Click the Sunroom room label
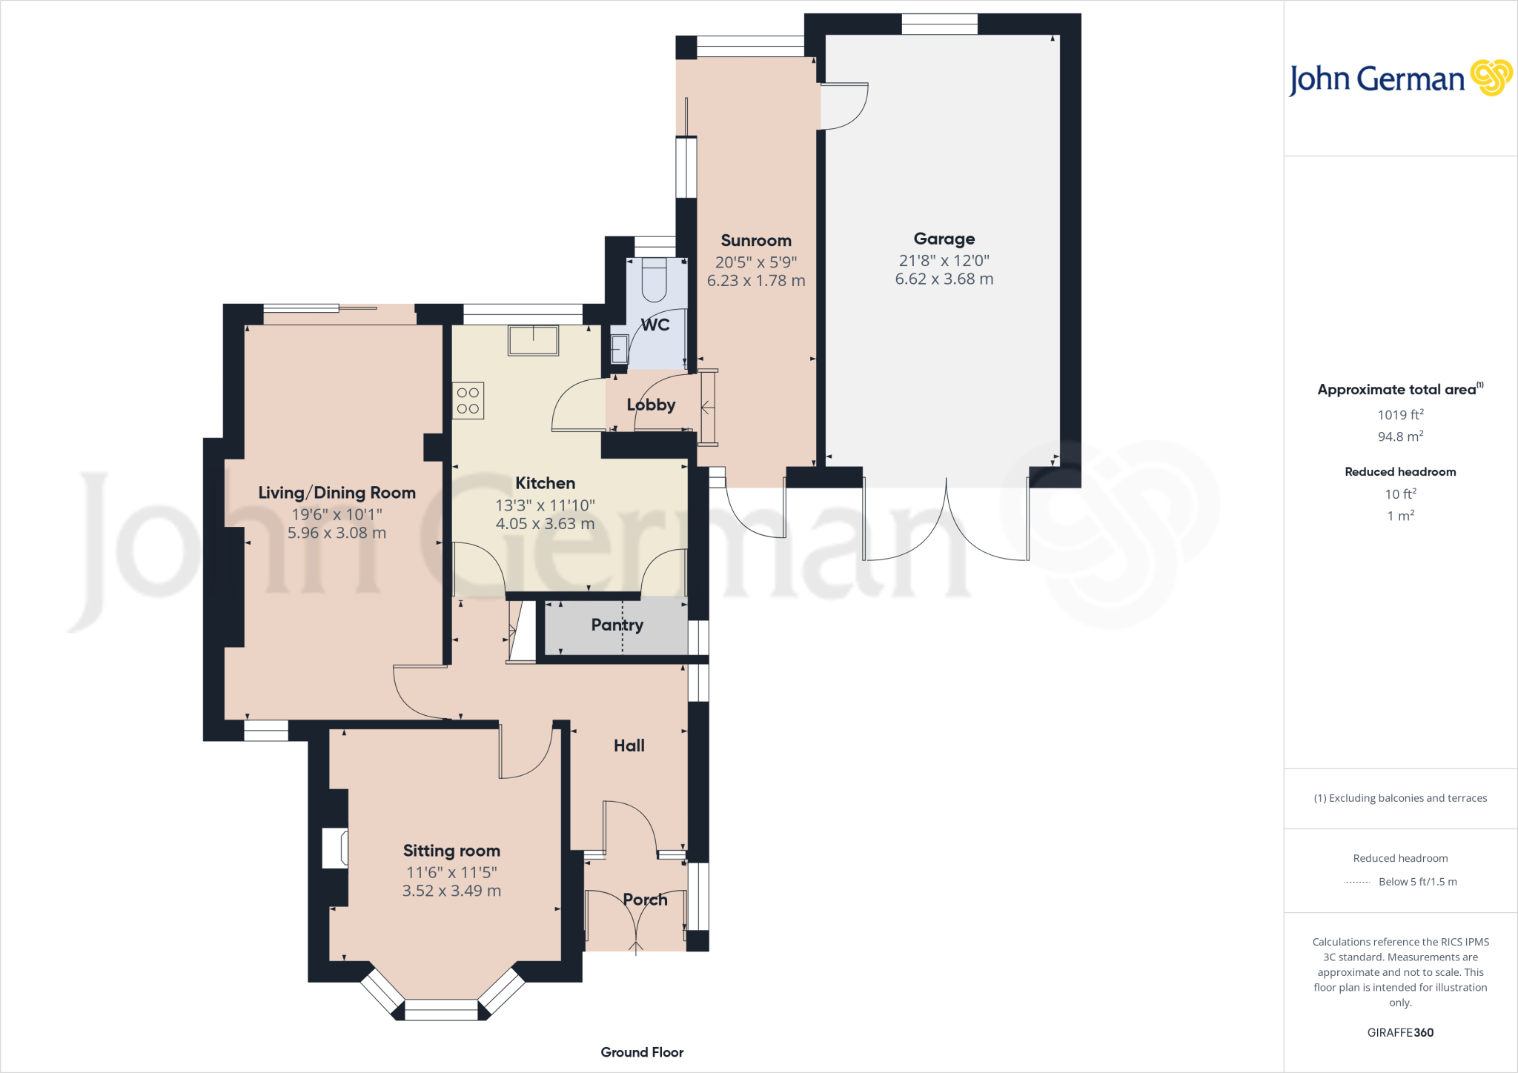[x=755, y=241]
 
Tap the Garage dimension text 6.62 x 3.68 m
[x=944, y=279]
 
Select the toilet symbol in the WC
[x=654, y=280]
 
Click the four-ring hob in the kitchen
[x=468, y=400]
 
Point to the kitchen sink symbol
[x=533, y=341]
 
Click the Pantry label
[x=617, y=625]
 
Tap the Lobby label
[x=651, y=405]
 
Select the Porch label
[x=645, y=900]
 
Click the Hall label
[x=629, y=745]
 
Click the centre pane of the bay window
[x=441, y=1010]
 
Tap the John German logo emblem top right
[x=1491, y=78]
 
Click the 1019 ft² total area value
[x=1400, y=415]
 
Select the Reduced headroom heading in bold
[x=1400, y=472]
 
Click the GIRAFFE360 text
[x=1400, y=1032]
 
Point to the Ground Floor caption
[x=642, y=1052]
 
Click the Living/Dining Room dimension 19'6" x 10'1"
[x=337, y=514]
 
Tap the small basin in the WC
[x=619, y=349]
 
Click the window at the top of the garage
[x=939, y=24]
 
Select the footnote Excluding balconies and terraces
[x=1400, y=798]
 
